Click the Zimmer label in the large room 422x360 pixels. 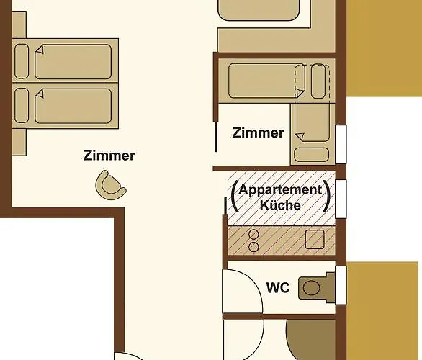click(x=109, y=155)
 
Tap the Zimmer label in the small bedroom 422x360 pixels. click(x=258, y=133)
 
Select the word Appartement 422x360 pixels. click(x=280, y=190)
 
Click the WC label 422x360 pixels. click(x=278, y=288)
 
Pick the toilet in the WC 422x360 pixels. click(x=313, y=287)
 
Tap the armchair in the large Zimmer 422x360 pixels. click(x=111, y=184)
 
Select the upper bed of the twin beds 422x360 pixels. click(x=72, y=62)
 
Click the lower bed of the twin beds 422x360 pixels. click(x=72, y=105)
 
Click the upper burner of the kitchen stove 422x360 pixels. click(x=253, y=234)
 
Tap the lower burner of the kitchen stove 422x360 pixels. click(x=253, y=246)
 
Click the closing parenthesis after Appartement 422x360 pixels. click(x=328, y=195)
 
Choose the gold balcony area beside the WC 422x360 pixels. click(x=383, y=310)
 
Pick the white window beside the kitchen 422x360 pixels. click(x=341, y=197)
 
